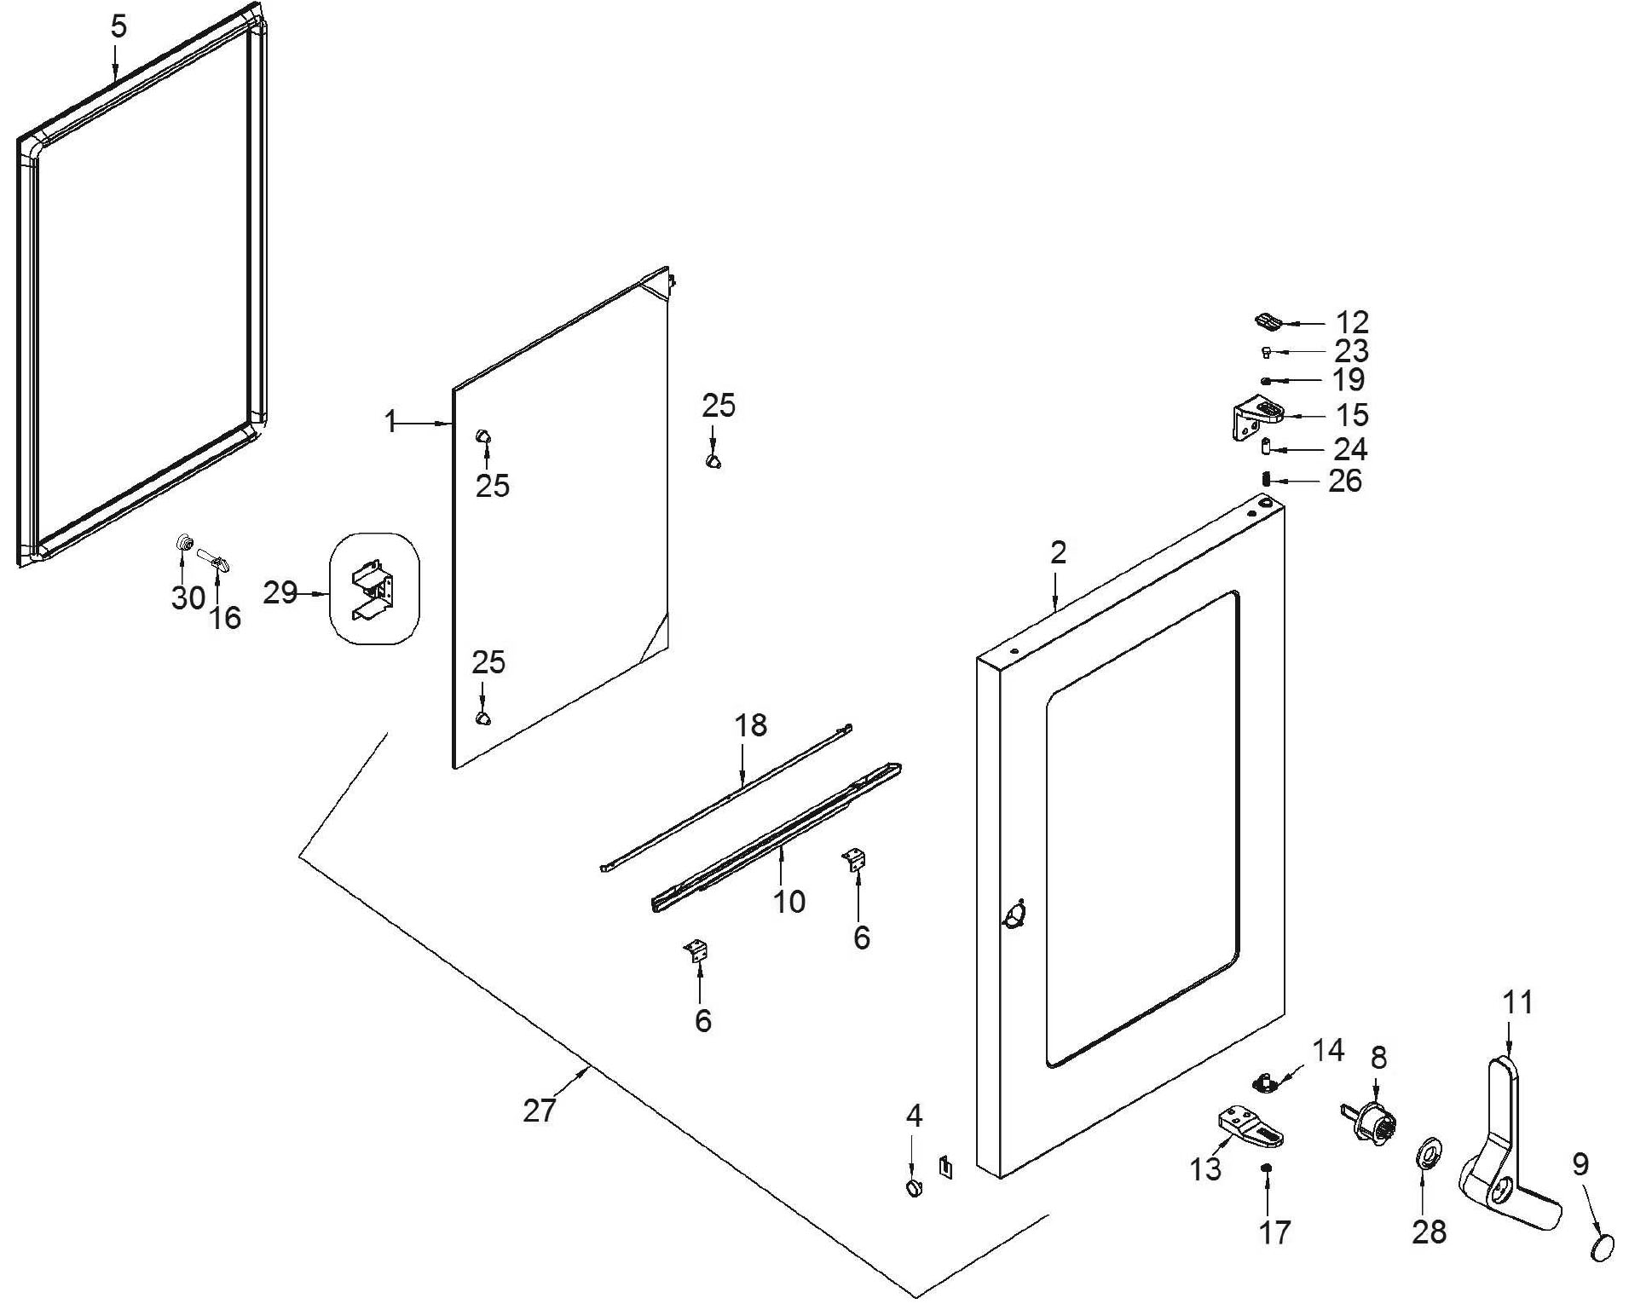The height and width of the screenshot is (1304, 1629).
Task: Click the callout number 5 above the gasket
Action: tap(118, 26)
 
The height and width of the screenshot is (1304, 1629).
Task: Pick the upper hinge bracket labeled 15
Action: tap(1256, 419)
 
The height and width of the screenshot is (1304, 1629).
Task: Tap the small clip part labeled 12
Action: tap(1268, 321)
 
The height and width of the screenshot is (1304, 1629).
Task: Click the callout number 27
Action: tap(539, 1110)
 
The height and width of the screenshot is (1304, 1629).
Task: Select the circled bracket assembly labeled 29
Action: tap(375, 588)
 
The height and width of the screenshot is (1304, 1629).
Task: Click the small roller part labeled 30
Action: tap(182, 544)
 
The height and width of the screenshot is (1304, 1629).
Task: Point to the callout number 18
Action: tap(750, 725)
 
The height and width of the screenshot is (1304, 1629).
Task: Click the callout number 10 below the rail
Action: tap(789, 901)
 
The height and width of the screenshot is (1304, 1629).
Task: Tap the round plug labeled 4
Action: tap(914, 1187)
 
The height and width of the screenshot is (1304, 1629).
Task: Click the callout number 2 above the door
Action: tap(1058, 553)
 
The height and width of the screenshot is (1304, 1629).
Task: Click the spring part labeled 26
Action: tap(1267, 480)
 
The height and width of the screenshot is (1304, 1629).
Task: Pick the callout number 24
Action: tap(1350, 448)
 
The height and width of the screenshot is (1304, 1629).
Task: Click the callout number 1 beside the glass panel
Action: tap(390, 421)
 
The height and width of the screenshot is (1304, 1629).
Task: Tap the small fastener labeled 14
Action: tap(1265, 1082)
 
